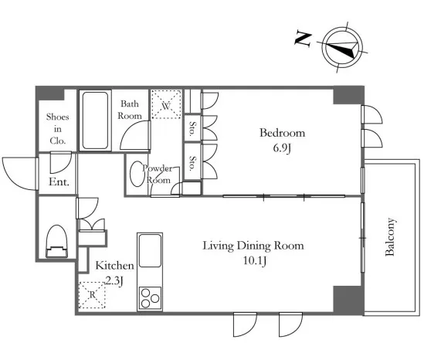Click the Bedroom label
[283, 133]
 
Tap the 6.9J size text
[282, 148]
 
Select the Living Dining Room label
[253, 246]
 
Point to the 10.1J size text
[255, 261]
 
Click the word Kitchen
[114, 265]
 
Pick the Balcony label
[390, 236]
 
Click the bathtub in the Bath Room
[95, 121]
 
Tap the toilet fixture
[56, 241]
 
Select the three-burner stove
[150, 298]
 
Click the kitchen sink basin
[150, 251]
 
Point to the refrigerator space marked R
[92, 295]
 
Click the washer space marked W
[166, 104]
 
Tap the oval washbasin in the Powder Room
[137, 174]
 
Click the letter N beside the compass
[303, 39]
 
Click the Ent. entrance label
[59, 182]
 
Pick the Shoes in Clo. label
[57, 129]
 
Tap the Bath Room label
[130, 110]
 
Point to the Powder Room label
[158, 174]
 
